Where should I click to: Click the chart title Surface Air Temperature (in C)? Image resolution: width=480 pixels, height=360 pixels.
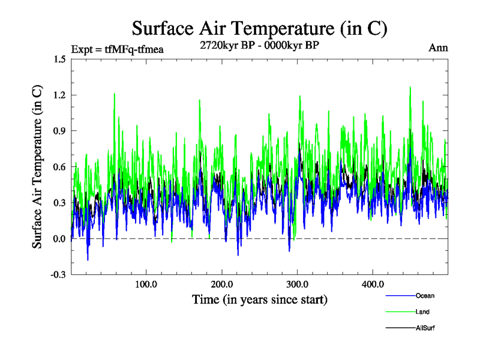(259, 28)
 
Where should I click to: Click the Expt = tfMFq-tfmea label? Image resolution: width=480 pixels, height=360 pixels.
(117, 49)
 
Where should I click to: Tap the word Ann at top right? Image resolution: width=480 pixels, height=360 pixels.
(438, 48)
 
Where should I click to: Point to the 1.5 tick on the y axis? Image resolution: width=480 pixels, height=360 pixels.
(59, 59)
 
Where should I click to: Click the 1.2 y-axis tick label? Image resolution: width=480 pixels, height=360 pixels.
(59, 95)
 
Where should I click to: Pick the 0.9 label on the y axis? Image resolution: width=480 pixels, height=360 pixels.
(59, 131)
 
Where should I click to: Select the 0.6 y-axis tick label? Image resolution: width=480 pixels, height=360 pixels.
(59, 167)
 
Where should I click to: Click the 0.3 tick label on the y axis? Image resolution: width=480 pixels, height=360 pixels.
(59, 203)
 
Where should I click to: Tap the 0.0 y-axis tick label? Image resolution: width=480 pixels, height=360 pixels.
(59, 239)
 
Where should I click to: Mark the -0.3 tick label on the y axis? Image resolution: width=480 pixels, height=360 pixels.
(58, 275)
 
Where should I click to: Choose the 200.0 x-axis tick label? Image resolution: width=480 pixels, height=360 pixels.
(222, 284)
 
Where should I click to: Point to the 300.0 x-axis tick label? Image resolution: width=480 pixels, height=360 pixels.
(298, 284)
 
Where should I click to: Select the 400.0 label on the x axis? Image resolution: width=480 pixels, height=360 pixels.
(373, 284)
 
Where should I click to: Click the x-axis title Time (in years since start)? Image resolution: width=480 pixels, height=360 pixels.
(259, 299)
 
